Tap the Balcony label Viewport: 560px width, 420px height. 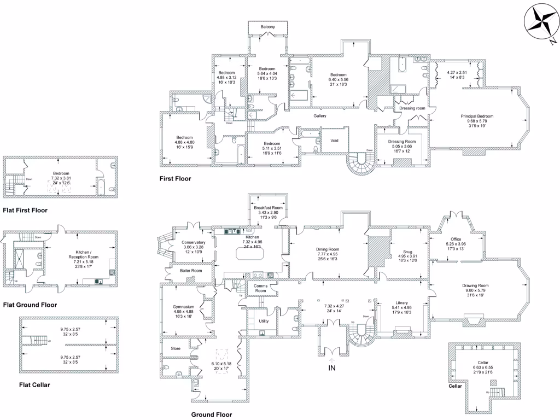[267, 27]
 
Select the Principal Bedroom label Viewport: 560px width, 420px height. [477, 116]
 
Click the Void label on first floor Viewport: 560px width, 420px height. [335, 140]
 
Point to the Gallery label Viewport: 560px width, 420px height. [320, 116]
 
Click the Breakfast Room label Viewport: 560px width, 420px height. [268, 208]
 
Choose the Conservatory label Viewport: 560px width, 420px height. [194, 242]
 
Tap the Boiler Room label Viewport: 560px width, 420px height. [191, 271]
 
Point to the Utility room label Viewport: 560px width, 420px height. [263, 321]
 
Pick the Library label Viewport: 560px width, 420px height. [402, 303]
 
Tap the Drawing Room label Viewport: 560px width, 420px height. [475, 285]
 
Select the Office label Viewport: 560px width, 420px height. [456, 239]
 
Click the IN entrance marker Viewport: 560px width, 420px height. [331, 368]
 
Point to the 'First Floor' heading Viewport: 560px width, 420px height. [175, 178]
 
